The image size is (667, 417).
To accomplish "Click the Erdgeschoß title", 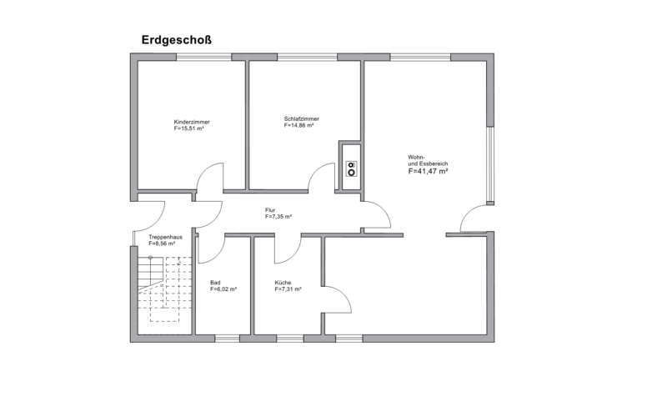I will pos(178,39).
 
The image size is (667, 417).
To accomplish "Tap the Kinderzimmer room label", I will pos(192,122).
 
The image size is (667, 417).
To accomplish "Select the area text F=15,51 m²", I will pos(189,129).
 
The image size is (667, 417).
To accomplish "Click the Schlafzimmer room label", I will pos(301,118).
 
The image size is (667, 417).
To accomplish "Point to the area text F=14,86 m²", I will pos(298,126).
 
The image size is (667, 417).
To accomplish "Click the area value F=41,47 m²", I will pos(429,171).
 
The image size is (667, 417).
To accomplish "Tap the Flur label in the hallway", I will pos(270,209).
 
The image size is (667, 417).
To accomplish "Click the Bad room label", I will pos(215,282).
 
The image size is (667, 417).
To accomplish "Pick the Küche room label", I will pos(283,282).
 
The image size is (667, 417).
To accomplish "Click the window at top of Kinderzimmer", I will pos(203,57).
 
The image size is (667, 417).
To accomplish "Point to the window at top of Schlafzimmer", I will pos(309,57).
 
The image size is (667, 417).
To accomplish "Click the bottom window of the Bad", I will pos(227,339).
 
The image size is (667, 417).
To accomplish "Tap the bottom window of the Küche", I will pos(289,339).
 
